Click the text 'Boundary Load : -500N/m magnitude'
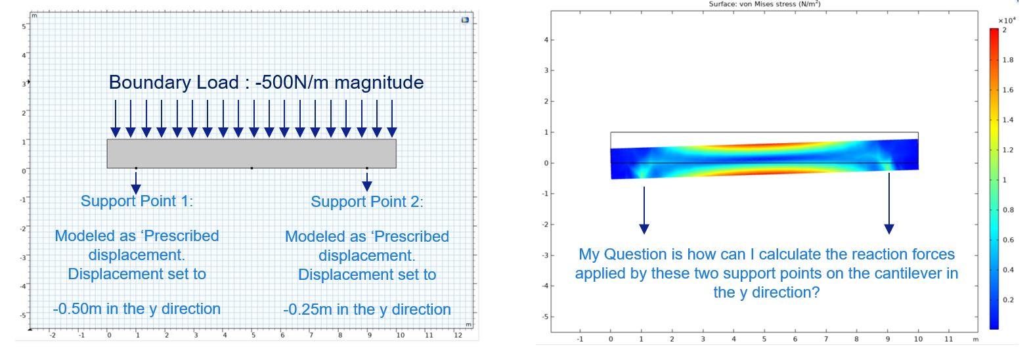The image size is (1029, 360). pyautogui.click(x=267, y=83)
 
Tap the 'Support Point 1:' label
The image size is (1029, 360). pyautogui.click(x=137, y=201)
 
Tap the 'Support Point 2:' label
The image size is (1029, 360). pyautogui.click(x=367, y=202)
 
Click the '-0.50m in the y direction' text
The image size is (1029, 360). pyautogui.click(x=137, y=309)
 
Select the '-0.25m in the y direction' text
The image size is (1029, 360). pyautogui.click(x=367, y=309)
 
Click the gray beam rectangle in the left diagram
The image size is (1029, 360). pyautogui.click(x=252, y=154)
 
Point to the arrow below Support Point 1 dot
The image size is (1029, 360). pyautogui.click(x=136, y=182)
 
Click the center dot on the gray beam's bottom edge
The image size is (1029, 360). pyautogui.click(x=252, y=168)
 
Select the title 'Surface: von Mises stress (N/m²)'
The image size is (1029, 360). pyautogui.click(x=764, y=4)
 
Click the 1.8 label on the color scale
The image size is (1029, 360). pyautogui.click(x=1007, y=60)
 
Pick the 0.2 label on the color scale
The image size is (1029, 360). pyautogui.click(x=1007, y=300)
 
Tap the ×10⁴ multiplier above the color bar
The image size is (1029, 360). pyautogui.click(x=1007, y=20)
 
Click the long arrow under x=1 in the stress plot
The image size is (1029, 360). pyautogui.click(x=644, y=210)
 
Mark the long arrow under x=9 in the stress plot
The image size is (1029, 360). pyautogui.click(x=889, y=203)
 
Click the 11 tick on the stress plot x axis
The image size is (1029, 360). pyautogui.click(x=949, y=339)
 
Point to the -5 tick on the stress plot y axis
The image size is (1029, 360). pyautogui.click(x=545, y=317)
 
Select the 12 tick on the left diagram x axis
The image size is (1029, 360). pyautogui.click(x=458, y=335)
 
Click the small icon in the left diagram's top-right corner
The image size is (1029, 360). pyautogui.click(x=465, y=20)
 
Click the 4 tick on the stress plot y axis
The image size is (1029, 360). pyautogui.click(x=546, y=40)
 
